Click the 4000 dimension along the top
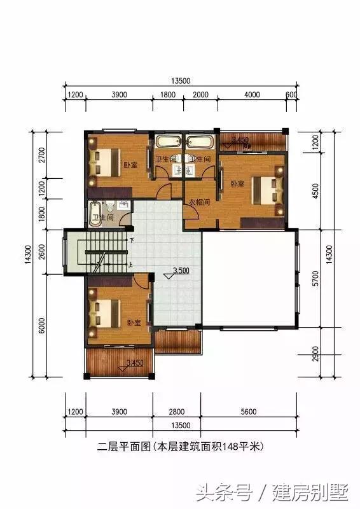coord(252,95)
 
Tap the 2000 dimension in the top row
coord(200,95)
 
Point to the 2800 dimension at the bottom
coord(177,412)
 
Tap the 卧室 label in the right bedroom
coord(237,183)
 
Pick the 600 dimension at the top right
coord(292,95)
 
